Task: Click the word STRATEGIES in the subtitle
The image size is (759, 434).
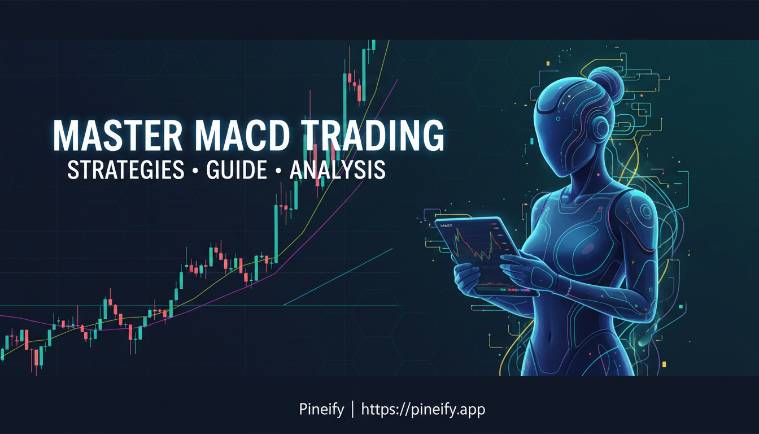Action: pos(125,170)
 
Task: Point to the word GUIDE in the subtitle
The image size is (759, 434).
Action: pos(237,170)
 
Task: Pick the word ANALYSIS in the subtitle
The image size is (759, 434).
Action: pos(338,170)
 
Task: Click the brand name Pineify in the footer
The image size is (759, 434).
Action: pos(321,409)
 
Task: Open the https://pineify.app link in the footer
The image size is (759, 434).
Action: pos(423,409)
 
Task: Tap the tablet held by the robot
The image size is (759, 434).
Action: pos(480,254)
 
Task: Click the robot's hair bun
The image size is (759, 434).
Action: pos(605,82)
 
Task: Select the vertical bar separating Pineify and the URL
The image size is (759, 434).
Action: pos(352,409)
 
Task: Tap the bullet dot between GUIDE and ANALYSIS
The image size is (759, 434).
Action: pos(278,171)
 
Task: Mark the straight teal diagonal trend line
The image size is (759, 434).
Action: pos(339,276)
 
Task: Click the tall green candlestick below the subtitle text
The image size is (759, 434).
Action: pos(276,232)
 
